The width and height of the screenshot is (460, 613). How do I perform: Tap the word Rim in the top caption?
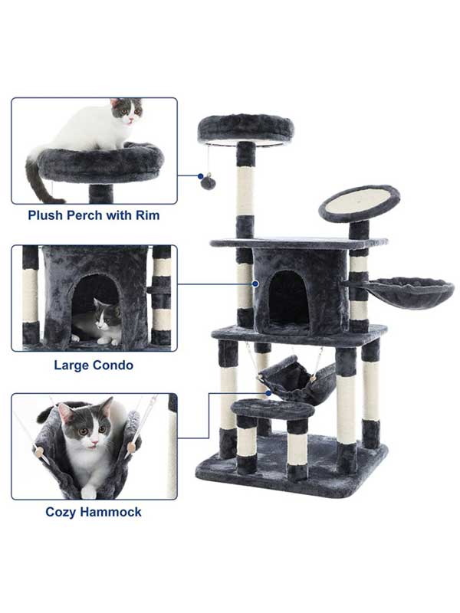tap(148, 215)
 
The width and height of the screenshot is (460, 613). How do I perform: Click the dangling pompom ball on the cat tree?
tap(208, 182)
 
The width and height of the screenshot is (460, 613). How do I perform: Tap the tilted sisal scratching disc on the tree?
tap(359, 203)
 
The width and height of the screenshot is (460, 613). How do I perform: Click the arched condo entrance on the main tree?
tap(289, 297)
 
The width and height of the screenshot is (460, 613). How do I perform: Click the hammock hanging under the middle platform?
tap(298, 379)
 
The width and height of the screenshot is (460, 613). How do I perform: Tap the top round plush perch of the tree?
tap(245, 129)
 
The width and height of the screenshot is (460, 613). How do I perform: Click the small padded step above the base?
tap(273, 409)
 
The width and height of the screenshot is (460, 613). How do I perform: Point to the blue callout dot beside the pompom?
tap(201, 176)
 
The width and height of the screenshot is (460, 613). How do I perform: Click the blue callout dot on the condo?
tap(255, 284)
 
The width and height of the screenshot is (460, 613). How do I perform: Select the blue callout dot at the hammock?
tap(268, 393)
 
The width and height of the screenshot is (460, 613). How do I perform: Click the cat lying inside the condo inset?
tap(99, 323)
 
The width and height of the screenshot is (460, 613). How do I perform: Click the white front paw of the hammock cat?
tap(89, 492)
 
